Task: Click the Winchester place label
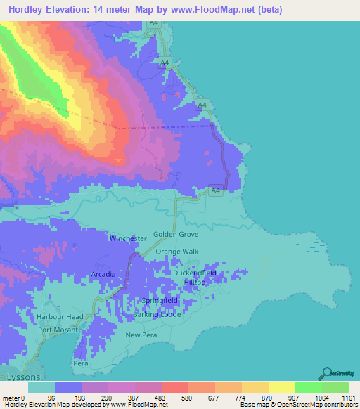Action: tap(128, 238)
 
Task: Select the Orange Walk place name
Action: tap(177, 252)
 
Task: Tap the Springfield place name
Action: tap(160, 300)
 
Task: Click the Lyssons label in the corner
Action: tap(15, 377)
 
